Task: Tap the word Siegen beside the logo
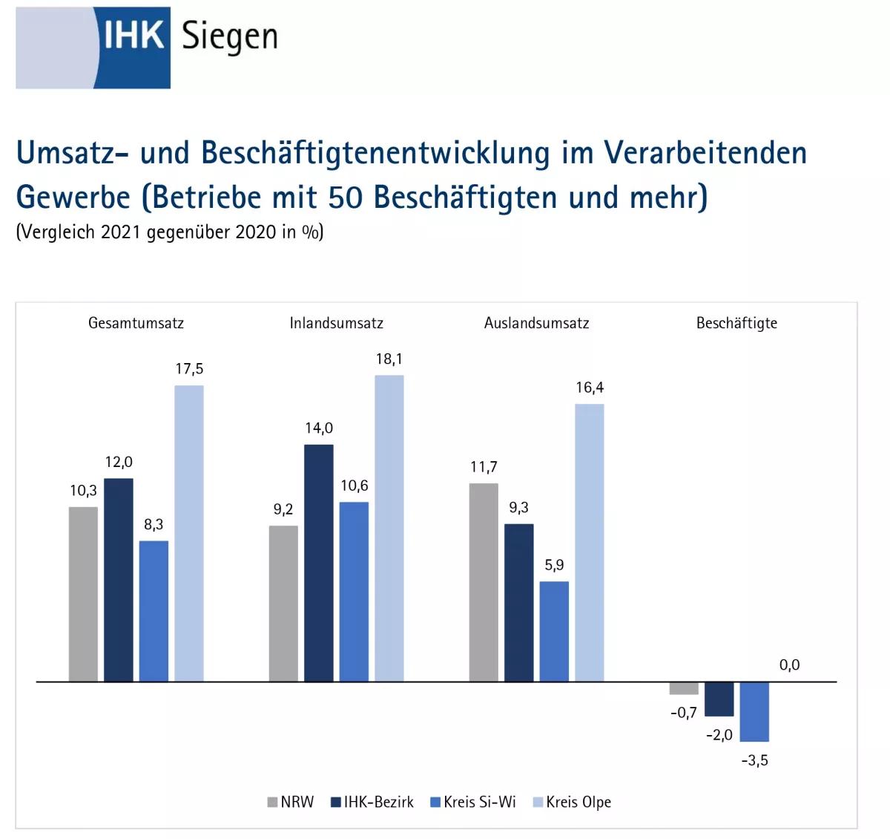point(229,38)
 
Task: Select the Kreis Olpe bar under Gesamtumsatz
point(189,532)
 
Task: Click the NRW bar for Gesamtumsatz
point(83,593)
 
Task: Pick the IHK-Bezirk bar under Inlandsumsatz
point(319,562)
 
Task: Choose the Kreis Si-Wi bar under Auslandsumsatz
point(554,630)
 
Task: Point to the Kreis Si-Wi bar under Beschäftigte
point(754,711)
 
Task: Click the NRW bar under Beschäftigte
point(684,688)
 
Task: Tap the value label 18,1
point(389,359)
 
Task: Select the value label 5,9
point(554,565)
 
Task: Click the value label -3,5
point(754,760)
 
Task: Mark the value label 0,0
point(789,665)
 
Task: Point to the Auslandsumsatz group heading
point(536,323)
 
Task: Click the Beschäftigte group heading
point(736,323)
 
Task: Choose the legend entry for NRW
point(291,802)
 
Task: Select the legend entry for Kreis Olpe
point(572,802)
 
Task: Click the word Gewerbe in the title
point(73,197)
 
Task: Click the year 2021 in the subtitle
point(121,232)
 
